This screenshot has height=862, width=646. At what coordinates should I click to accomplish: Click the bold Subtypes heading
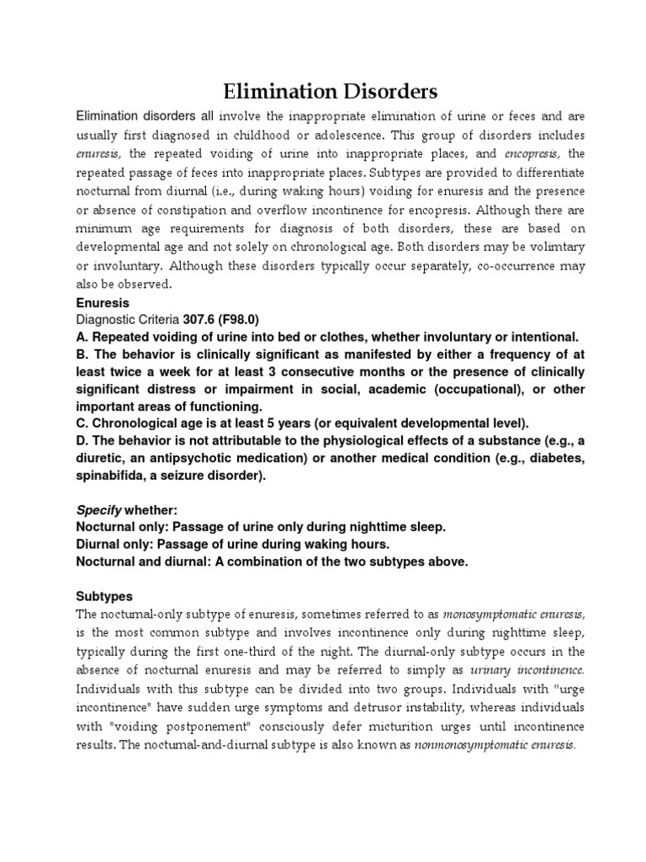pos(103,595)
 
